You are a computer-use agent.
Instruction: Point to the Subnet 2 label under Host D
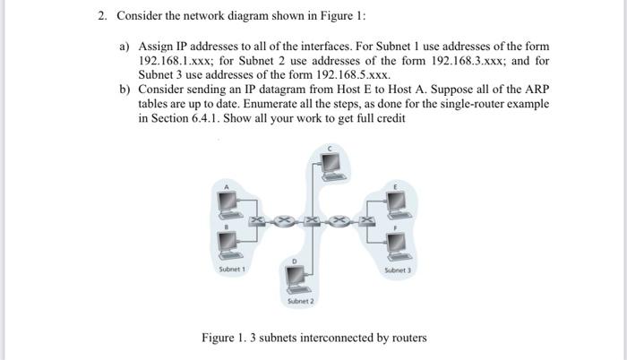pyautogui.click(x=301, y=302)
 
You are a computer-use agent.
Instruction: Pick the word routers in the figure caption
pyautogui.click(x=406, y=338)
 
